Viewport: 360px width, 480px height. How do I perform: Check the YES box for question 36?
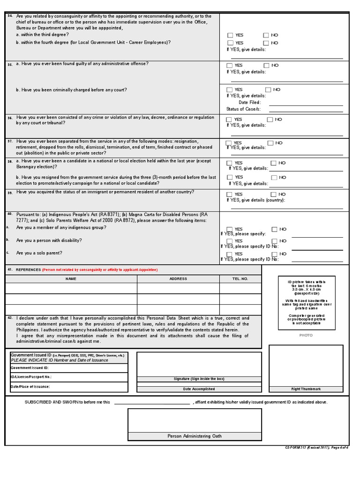(x=229, y=120)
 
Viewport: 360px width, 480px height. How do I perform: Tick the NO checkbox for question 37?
(x=270, y=143)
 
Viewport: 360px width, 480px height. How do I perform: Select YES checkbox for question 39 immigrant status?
(x=229, y=194)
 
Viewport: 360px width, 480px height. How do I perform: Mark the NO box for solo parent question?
(x=270, y=254)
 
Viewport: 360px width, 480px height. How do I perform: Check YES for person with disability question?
(x=229, y=241)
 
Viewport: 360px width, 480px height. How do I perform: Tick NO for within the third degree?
(x=266, y=35)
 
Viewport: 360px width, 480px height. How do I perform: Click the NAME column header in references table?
(x=71, y=279)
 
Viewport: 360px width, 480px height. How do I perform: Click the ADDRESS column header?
(x=178, y=279)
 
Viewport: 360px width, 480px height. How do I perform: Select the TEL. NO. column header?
(x=240, y=279)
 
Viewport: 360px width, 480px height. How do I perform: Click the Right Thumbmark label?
(x=306, y=389)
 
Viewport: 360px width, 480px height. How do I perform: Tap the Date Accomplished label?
(x=199, y=389)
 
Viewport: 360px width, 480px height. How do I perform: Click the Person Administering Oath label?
(x=195, y=436)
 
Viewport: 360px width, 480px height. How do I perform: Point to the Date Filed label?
(x=249, y=102)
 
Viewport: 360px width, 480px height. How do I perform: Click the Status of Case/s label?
(x=243, y=109)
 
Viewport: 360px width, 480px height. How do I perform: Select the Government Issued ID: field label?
(x=30, y=368)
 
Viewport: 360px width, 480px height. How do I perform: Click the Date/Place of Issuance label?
(x=30, y=387)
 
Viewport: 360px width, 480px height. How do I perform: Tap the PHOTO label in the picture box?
(x=306, y=335)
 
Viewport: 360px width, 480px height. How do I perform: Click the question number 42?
(x=10, y=318)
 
